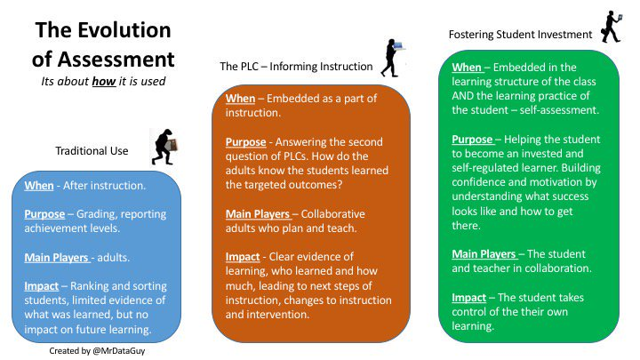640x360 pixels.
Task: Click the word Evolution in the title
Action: point(124,30)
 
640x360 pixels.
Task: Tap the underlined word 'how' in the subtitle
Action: point(104,81)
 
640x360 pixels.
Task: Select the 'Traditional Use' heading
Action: point(92,151)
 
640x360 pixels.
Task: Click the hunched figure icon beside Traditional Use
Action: point(164,147)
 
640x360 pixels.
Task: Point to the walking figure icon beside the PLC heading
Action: point(392,58)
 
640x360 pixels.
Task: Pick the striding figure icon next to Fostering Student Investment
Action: point(612,27)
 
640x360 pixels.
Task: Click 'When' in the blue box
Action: point(39,186)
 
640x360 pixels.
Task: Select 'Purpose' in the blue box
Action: point(44,214)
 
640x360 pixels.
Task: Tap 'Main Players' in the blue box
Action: point(56,258)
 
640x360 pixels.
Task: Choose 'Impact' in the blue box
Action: point(41,286)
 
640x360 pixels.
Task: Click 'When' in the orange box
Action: point(240,99)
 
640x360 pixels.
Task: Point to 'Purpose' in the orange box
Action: point(245,142)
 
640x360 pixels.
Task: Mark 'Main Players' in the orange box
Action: point(258,214)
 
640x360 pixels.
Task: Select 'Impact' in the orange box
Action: point(243,257)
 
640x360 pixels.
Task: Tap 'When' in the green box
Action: point(467,68)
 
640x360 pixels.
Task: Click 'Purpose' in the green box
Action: point(472,140)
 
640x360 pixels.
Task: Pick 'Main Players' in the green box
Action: point(484,254)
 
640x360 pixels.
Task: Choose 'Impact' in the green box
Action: point(469,298)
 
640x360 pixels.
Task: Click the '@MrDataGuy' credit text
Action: point(119,350)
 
